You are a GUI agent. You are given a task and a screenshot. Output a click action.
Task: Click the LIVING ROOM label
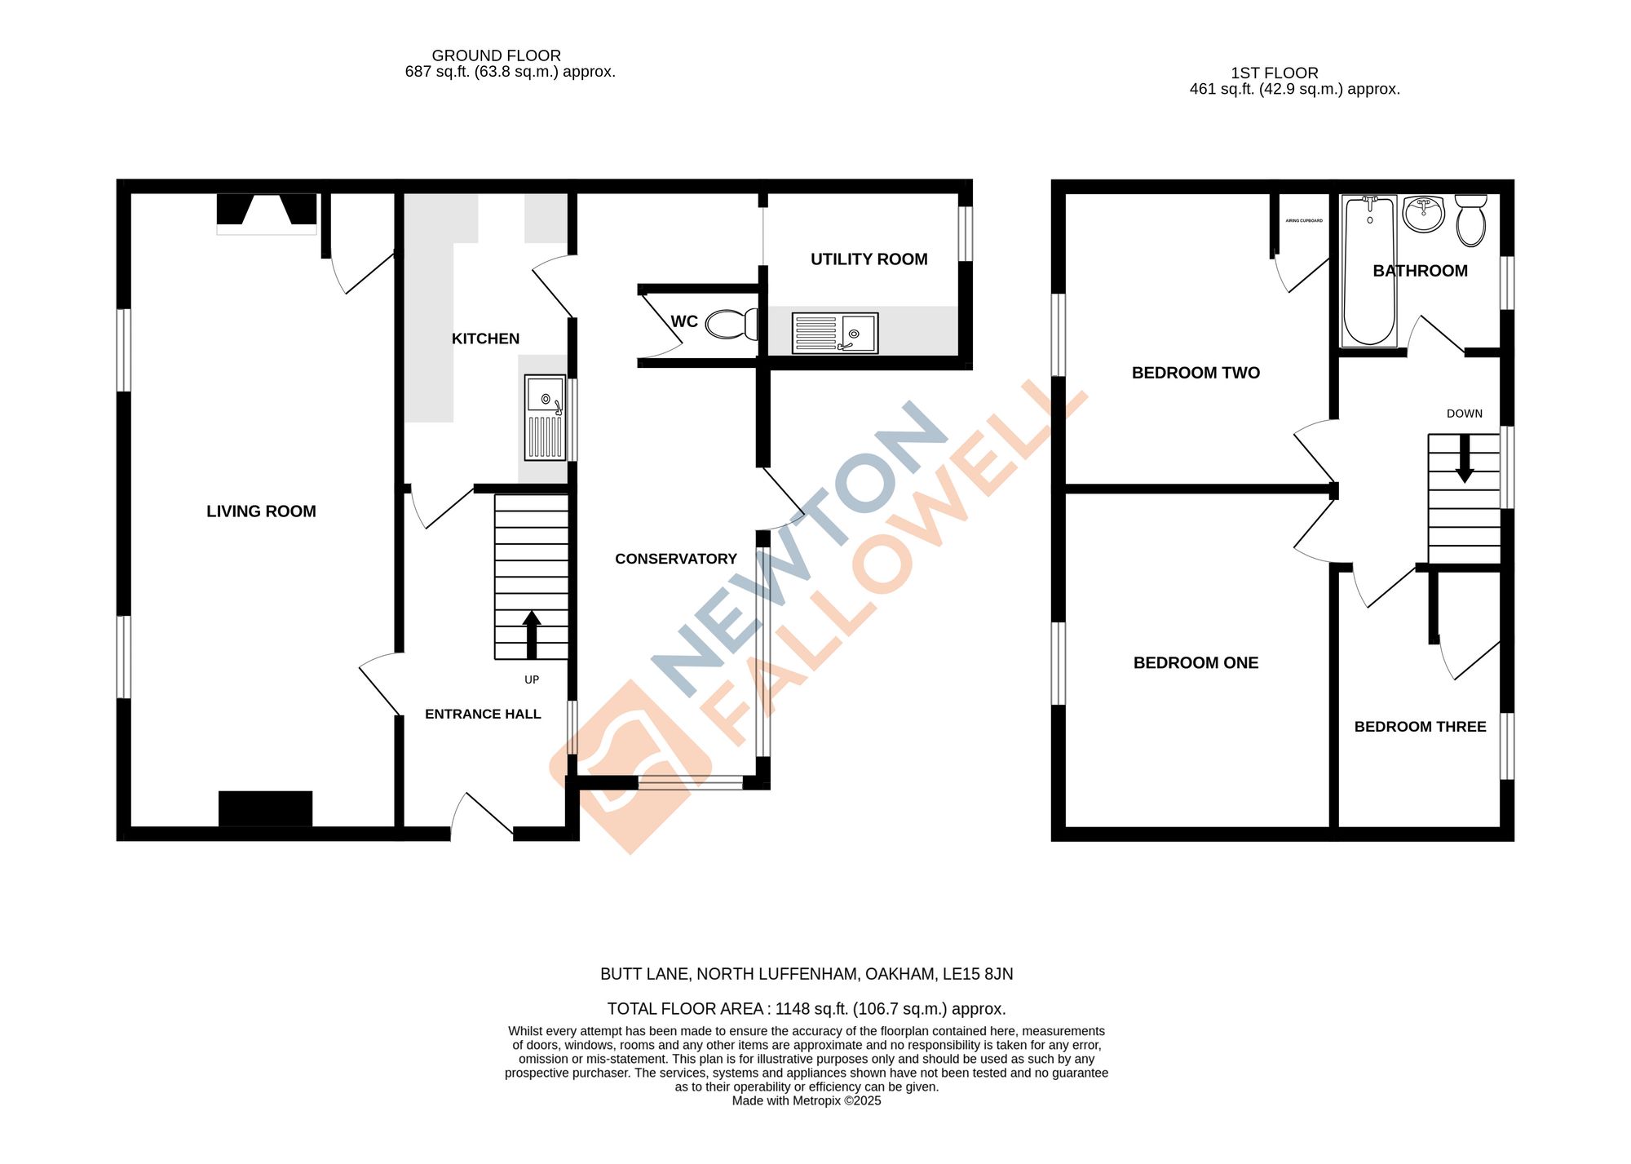point(261,511)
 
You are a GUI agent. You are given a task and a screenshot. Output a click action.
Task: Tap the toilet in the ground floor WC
point(730,324)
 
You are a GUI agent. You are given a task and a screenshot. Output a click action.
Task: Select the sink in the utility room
point(834,333)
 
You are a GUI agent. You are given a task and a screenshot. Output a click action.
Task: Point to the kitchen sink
point(545,417)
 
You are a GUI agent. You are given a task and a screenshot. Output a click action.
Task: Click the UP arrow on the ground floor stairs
point(532,634)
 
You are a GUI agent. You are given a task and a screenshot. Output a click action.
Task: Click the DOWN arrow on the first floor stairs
point(1465,458)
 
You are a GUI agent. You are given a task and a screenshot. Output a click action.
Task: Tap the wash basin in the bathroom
point(1424,214)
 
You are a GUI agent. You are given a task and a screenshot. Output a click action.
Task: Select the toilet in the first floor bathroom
point(1471,219)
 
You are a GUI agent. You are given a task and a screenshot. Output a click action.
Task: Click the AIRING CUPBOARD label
point(1304,221)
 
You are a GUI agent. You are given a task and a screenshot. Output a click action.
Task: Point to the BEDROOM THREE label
point(1420,727)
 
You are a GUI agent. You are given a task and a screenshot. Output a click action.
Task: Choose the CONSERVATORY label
point(675,559)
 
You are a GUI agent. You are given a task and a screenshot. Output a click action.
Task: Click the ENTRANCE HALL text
point(483,715)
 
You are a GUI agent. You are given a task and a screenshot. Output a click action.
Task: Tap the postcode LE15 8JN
point(978,974)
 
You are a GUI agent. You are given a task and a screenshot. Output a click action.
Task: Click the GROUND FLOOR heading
point(496,55)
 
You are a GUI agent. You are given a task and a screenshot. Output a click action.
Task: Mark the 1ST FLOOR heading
point(1274,73)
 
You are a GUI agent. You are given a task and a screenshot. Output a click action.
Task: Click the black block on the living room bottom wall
point(265,808)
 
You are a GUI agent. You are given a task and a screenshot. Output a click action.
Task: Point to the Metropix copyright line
point(806,1101)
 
